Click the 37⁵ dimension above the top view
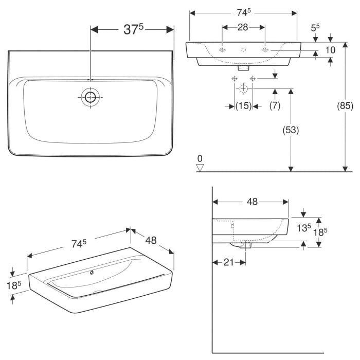point(132,30)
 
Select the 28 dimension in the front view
point(243,27)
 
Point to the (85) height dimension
point(345,106)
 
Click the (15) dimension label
point(243,106)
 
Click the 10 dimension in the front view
point(330,50)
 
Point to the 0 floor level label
point(200,158)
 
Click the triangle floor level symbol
point(201,167)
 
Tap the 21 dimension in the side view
point(229,262)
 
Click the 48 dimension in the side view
point(251,202)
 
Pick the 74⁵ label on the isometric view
point(78,244)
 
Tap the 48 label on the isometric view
point(151,240)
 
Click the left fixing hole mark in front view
point(222,50)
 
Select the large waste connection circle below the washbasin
point(243,89)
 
